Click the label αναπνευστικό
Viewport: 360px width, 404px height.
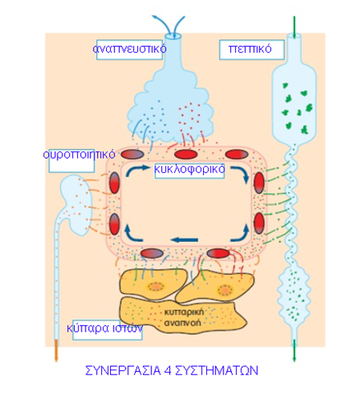[x=129, y=49]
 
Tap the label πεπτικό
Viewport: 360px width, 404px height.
[x=250, y=49]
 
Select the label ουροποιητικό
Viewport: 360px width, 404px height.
[x=79, y=155]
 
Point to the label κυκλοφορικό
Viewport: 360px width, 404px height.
[x=190, y=169]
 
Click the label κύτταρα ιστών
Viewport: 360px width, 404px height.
[x=105, y=328]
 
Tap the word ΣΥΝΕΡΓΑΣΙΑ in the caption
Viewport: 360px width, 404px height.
[x=123, y=370]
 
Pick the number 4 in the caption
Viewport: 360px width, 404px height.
[x=168, y=370]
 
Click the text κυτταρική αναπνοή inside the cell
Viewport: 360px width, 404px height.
[x=183, y=317]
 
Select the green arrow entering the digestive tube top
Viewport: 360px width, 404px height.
[x=294, y=27]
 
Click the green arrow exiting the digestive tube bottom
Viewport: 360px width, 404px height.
[x=294, y=351]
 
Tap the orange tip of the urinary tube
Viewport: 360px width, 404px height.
[x=56, y=351]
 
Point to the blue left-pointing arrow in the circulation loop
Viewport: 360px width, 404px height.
[x=184, y=240]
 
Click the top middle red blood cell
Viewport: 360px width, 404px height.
[x=186, y=155]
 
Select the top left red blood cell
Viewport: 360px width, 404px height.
[x=132, y=155]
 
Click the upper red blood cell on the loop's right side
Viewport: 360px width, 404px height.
[x=259, y=183]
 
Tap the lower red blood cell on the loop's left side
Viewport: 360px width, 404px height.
[x=114, y=224]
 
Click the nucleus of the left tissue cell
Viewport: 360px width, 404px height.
[x=156, y=287]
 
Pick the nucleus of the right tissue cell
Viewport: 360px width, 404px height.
[x=224, y=290]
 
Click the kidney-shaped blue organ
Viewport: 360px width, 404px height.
[x=76, y=204]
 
